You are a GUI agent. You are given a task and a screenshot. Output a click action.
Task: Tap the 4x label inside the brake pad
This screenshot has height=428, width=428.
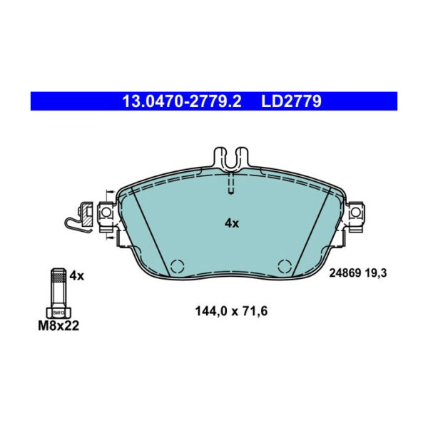coord(232,223)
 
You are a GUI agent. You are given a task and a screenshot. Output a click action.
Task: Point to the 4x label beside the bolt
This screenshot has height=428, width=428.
coord(77,275)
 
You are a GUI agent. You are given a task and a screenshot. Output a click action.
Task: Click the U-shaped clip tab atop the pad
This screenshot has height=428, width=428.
coord(230,158)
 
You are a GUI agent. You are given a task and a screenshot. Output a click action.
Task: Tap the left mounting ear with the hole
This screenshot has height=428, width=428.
coord(105,212)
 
